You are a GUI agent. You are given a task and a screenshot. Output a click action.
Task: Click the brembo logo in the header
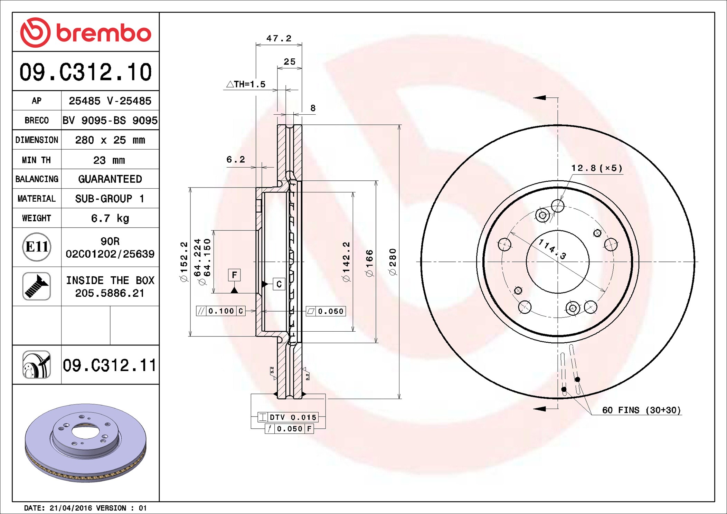point(85,32)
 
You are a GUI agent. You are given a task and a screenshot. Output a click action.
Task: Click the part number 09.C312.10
point(85,72)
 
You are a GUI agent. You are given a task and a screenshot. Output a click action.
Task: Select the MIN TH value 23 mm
point(109,160)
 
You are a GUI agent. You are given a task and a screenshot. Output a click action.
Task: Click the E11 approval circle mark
point(37,247)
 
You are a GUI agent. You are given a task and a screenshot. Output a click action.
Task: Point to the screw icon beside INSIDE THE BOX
point(37,286)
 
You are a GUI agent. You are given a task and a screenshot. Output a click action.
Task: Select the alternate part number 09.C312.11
point(109,365)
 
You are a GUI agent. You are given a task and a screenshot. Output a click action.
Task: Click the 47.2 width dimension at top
point(278,38)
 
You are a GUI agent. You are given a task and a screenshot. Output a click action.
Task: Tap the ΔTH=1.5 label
point(246,84)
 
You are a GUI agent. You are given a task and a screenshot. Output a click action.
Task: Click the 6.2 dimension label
point(236,159)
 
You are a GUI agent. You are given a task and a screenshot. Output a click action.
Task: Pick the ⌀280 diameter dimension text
point(393,261)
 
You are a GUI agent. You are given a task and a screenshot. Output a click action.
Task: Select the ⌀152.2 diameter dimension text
point(184,261)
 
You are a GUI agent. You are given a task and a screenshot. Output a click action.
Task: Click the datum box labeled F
point(234,275)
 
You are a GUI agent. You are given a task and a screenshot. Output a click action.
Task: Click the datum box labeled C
point(279,284)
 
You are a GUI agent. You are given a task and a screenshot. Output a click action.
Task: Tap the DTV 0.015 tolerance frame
point(287,417)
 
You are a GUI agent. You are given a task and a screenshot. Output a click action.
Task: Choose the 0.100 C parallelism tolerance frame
point(221,311)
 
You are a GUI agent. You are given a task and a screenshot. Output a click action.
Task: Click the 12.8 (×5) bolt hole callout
point(596,168)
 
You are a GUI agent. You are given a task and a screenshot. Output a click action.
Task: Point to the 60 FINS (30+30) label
point(641,410)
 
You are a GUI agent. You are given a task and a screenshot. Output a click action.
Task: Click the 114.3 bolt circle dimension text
point(553,249)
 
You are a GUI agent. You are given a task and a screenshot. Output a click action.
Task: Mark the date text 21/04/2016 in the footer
point(71,508)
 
